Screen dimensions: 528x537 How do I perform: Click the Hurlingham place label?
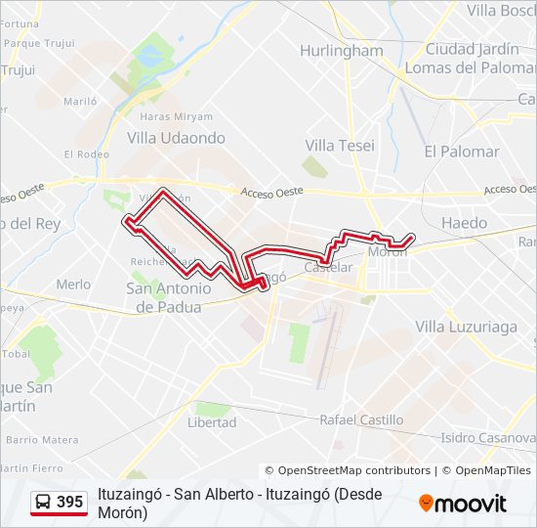[x=341, y=51]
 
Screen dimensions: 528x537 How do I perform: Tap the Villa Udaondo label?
[x=176, y=139]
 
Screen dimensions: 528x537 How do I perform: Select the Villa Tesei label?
[x=333, y=145]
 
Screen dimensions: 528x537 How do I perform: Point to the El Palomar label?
[x=462, y=152]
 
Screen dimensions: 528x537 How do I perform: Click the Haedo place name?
[x=464, y=223]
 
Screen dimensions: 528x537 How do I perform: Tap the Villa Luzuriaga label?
[x=466, y=327]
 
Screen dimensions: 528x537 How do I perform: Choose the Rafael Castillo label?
[x=361, y=419]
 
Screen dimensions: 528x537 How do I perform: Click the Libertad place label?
[x=212, y=422]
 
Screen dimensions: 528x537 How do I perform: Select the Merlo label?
[x=73, y=285]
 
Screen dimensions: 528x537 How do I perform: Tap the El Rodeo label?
[x=87, y=154]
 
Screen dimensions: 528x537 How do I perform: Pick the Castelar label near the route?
[x=327, y=267]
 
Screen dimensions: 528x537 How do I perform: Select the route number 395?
[x=70, y=503]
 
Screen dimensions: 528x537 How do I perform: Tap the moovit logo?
[x=463, y=504]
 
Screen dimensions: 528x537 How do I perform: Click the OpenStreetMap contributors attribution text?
[x=349, y=470]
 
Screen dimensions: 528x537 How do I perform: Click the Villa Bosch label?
[x=501, y=11]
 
